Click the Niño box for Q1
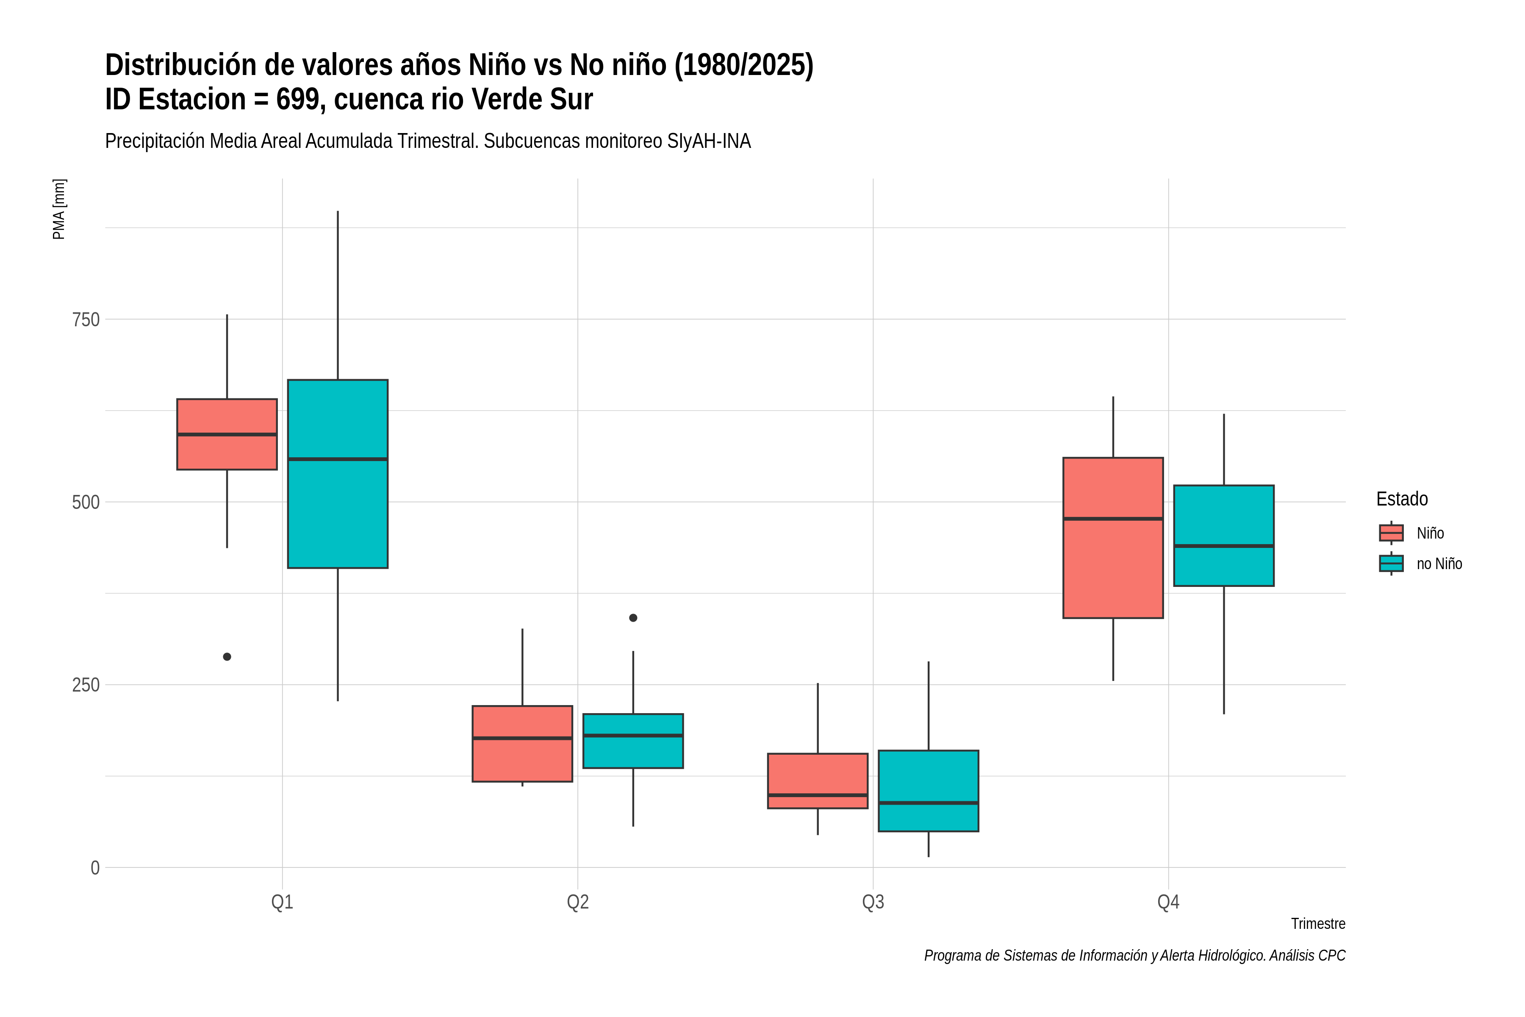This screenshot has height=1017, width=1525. pyautogui.click(x=227, y=434)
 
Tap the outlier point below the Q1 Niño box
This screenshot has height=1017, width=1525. pyautogui.click(x=227, y=656)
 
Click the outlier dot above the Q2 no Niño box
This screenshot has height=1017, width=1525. pyautogui.click(x=633, y=617)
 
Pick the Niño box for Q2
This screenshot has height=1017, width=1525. pyautogui.click(x=523, y=743)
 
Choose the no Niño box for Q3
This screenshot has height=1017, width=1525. pyautogui.click(x=929, y=791)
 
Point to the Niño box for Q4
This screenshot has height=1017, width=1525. pyautogui.click(x=1113, y=538)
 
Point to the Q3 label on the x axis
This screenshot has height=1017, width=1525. pyautogui.click(x=873, y=902)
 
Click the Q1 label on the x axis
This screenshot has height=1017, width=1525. pyautogui.click(x=282, y=902)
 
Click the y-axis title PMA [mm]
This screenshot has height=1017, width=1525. pyautogui.click(x=59, y=209)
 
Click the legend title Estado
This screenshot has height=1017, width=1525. pyautogui.click(x=1402, y=499)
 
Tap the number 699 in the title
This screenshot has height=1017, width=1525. pyautogui.click(x=301, y=99)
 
